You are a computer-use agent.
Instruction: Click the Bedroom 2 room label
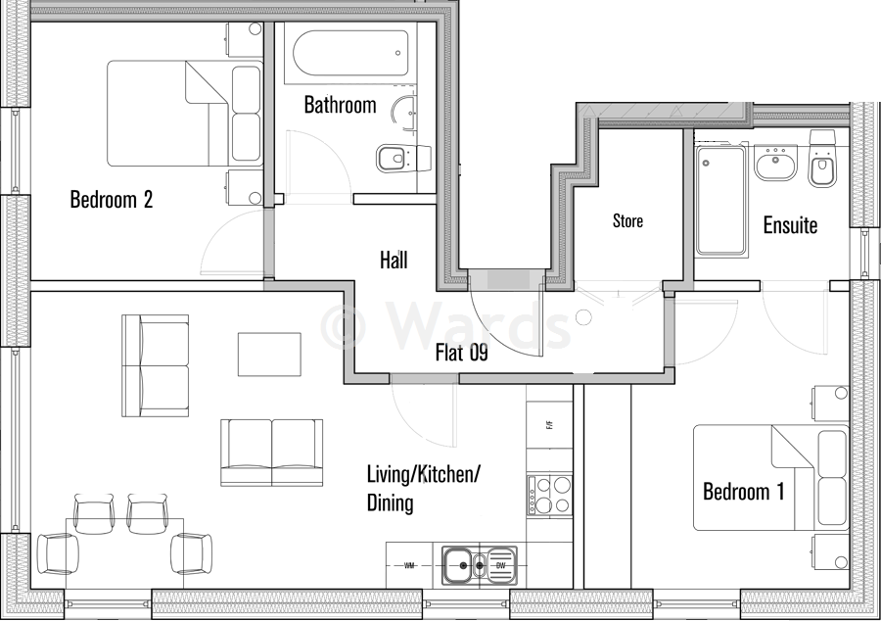click(112, 200)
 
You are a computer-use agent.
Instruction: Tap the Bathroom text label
click(340, 105)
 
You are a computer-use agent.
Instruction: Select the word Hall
click(394, 260)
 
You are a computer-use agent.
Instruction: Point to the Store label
click(627, 220)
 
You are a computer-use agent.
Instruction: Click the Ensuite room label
click(790, 225)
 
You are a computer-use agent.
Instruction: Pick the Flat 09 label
click(461, 353)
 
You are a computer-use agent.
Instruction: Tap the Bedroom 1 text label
click(743, 491)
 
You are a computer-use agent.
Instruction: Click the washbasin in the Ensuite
click(776, 163)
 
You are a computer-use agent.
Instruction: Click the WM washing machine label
click(411, 566)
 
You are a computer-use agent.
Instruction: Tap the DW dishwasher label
click(499, 566)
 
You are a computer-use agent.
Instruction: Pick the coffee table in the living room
click(269, 353)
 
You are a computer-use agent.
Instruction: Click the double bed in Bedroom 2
click(185, 114)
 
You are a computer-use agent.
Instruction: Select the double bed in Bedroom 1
click(770, 477)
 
